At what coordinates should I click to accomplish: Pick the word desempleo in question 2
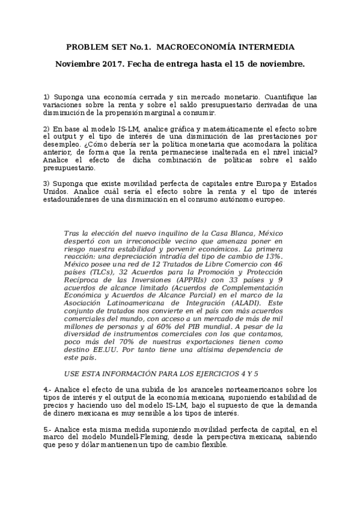click(61, 146)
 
